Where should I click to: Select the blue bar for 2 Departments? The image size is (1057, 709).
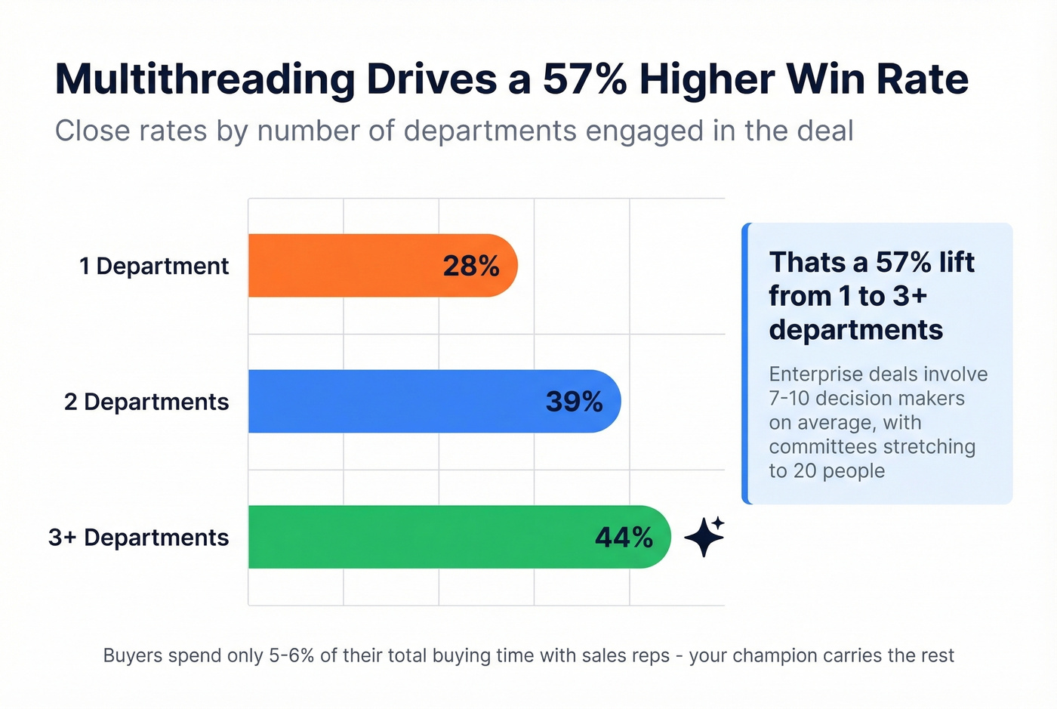click(x=393, y=402)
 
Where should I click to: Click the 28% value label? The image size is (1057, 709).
click(x=471, y=266)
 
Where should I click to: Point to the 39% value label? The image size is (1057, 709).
click(x=574, y=402)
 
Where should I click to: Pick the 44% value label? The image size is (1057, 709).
click(x=624, y=537)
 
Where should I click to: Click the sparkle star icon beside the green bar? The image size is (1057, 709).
click(x=704, y=536)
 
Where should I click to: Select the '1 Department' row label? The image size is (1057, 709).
click(x=154, y=266)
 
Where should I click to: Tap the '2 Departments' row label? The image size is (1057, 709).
click(x=146, y=402)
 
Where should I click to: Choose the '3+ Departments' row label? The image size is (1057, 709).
click(x=139, y=537)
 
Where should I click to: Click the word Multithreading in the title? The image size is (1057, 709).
click(x=205, y=79)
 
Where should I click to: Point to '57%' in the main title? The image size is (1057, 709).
click(x=584, y=79)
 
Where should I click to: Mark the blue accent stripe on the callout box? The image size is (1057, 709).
click(x=746, y=363)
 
